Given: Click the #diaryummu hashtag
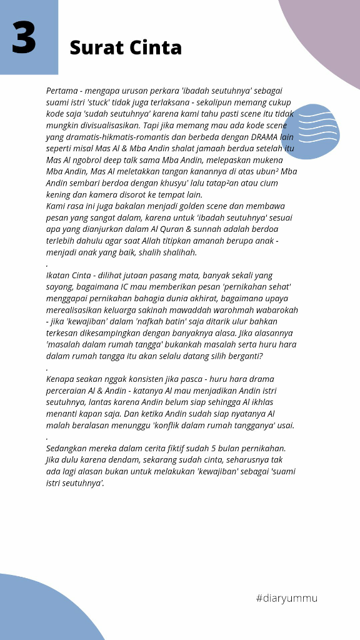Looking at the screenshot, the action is tap(286, 598).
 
